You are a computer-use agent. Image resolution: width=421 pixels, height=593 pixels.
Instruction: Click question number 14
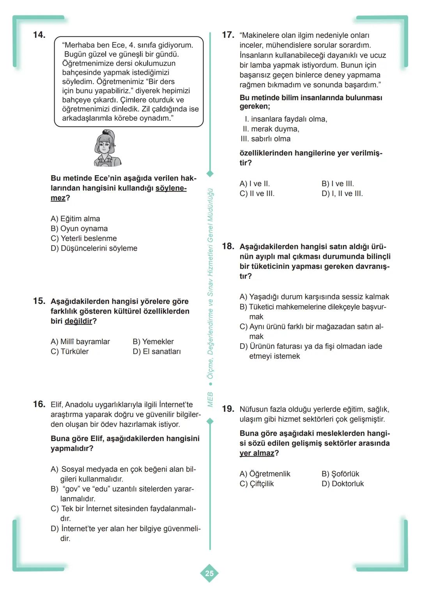[x=39, y=35]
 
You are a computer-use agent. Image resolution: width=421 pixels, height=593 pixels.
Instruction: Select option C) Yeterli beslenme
[x=83, y=238]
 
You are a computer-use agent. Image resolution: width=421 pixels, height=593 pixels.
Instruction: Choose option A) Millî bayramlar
[x=80, y=342]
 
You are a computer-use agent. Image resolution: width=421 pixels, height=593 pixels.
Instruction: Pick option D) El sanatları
[x=157, y=351]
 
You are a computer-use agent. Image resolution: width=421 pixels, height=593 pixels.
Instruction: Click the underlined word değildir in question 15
[x=78, y=321]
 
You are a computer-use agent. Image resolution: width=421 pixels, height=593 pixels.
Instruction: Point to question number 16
[x=39, y=404]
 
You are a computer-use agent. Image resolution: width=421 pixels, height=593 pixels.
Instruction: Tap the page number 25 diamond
[x=209, y=573]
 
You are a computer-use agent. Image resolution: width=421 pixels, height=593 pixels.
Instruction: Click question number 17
[x=228, y=35]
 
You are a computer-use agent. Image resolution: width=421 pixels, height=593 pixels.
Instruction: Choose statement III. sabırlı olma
[x=265, y=139]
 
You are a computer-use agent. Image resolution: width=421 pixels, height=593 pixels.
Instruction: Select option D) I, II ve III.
[x=342, y=194]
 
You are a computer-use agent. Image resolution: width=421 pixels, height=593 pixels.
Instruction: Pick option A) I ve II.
[x=255, y=184]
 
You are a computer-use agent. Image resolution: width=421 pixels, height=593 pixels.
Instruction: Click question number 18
[x=228, y=246]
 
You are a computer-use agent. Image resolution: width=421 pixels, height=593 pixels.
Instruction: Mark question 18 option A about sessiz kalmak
[x=314, y=297]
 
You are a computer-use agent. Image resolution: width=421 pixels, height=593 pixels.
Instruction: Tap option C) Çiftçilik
[x=256, y=484]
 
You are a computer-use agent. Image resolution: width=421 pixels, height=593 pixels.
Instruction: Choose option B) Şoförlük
[x=340, y=474]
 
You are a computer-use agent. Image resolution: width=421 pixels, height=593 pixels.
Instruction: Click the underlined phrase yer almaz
[x=257, y=454]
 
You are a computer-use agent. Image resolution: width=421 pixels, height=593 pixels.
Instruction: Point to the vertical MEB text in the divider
[x=210, y=399]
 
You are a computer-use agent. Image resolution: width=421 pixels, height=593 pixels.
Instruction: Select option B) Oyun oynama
[x=79, y=229]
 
